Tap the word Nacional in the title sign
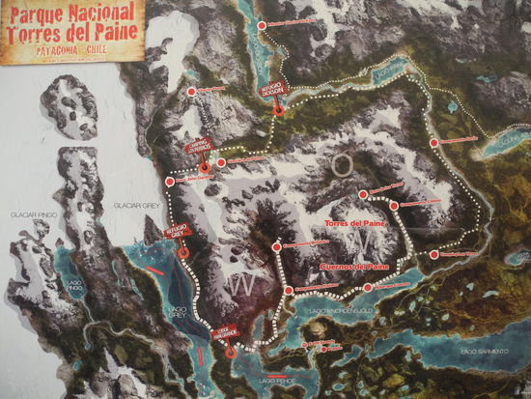point(98,14)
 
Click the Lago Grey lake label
point(176,313)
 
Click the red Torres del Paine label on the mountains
point(355,224)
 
